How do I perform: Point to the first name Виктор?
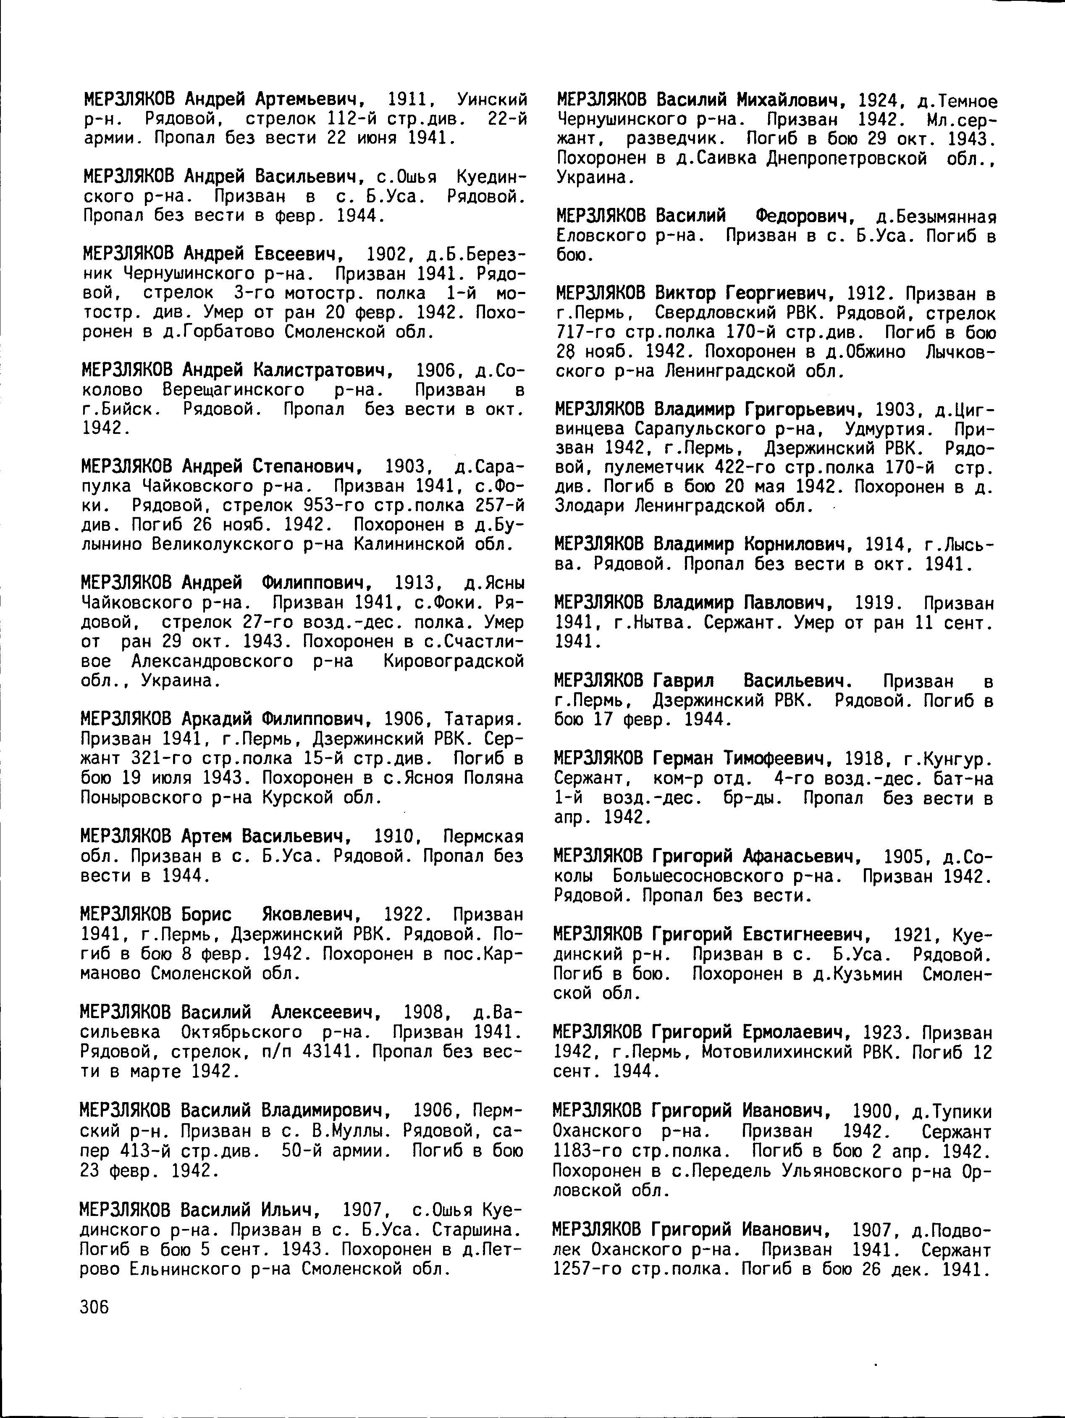[686, 294]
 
